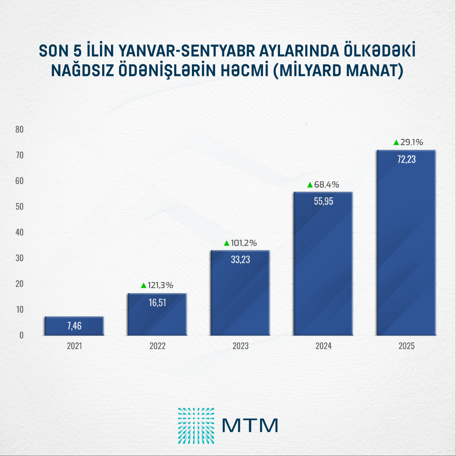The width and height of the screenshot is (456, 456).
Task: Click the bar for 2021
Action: coord(74,326)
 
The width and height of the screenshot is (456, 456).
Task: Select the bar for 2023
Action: coord(240,293)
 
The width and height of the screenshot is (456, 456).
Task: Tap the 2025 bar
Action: coord(406,243)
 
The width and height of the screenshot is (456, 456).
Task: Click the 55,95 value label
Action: coord(323,201)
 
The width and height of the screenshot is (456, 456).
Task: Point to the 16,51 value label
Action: coord(157,303)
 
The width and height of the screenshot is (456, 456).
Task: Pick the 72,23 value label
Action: coord(406,160)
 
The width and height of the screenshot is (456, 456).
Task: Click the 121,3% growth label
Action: coord(160,285)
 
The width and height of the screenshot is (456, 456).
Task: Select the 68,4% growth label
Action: coord(326,185)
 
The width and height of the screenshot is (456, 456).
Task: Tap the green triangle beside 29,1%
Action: coord(396,142)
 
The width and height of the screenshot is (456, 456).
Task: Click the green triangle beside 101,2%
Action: coord(227,243)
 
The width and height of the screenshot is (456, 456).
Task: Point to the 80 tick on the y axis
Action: coord(19,130)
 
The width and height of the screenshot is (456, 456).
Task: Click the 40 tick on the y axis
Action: coord(19,233)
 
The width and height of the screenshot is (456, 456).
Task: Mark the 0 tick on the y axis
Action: coord(21,335)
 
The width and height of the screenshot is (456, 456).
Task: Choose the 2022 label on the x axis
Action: coord(157,346)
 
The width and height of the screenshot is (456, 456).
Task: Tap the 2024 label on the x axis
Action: coord(323,346)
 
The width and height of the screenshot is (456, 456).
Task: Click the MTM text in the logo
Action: coord(250,426)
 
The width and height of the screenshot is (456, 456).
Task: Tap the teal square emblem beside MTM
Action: coord(196,426)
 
